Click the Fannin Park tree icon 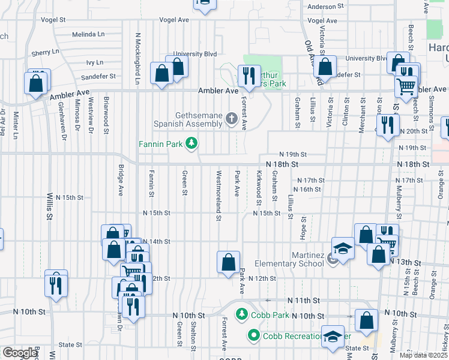[191, 143]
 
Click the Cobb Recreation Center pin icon [253, 335]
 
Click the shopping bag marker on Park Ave [228, 263]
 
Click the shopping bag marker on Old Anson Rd [325, 67]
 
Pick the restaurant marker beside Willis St [56, 283]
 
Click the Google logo [20, 353]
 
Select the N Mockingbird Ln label [137, 51]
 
